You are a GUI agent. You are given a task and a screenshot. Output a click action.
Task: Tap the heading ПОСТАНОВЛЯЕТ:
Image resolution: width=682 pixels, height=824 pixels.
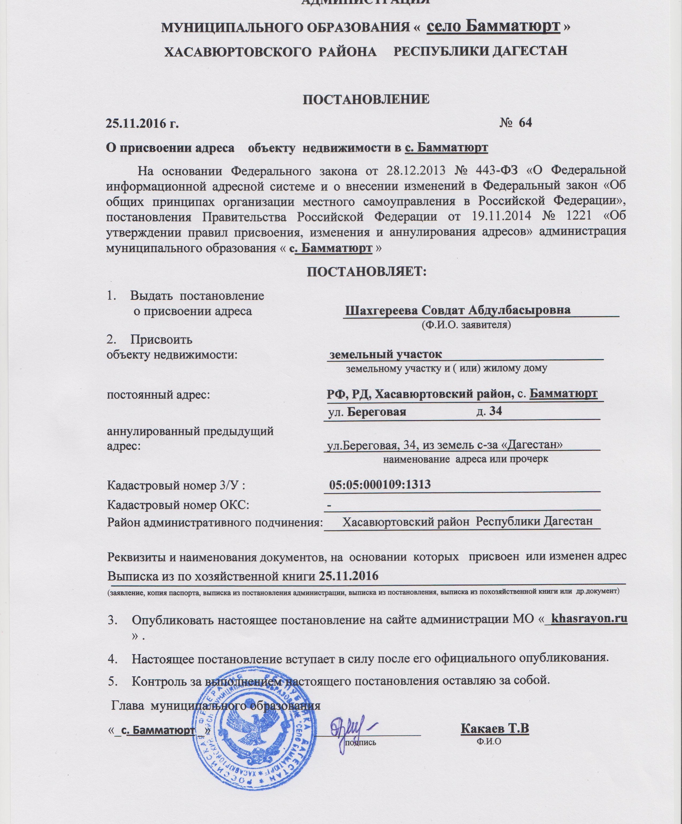click(x=366, y=272)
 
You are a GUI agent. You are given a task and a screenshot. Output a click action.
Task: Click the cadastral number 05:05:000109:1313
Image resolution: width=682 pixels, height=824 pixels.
click(x=380, y=485)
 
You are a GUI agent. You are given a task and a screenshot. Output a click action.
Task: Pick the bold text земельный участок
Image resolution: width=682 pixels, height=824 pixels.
click(x=385, y=354)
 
